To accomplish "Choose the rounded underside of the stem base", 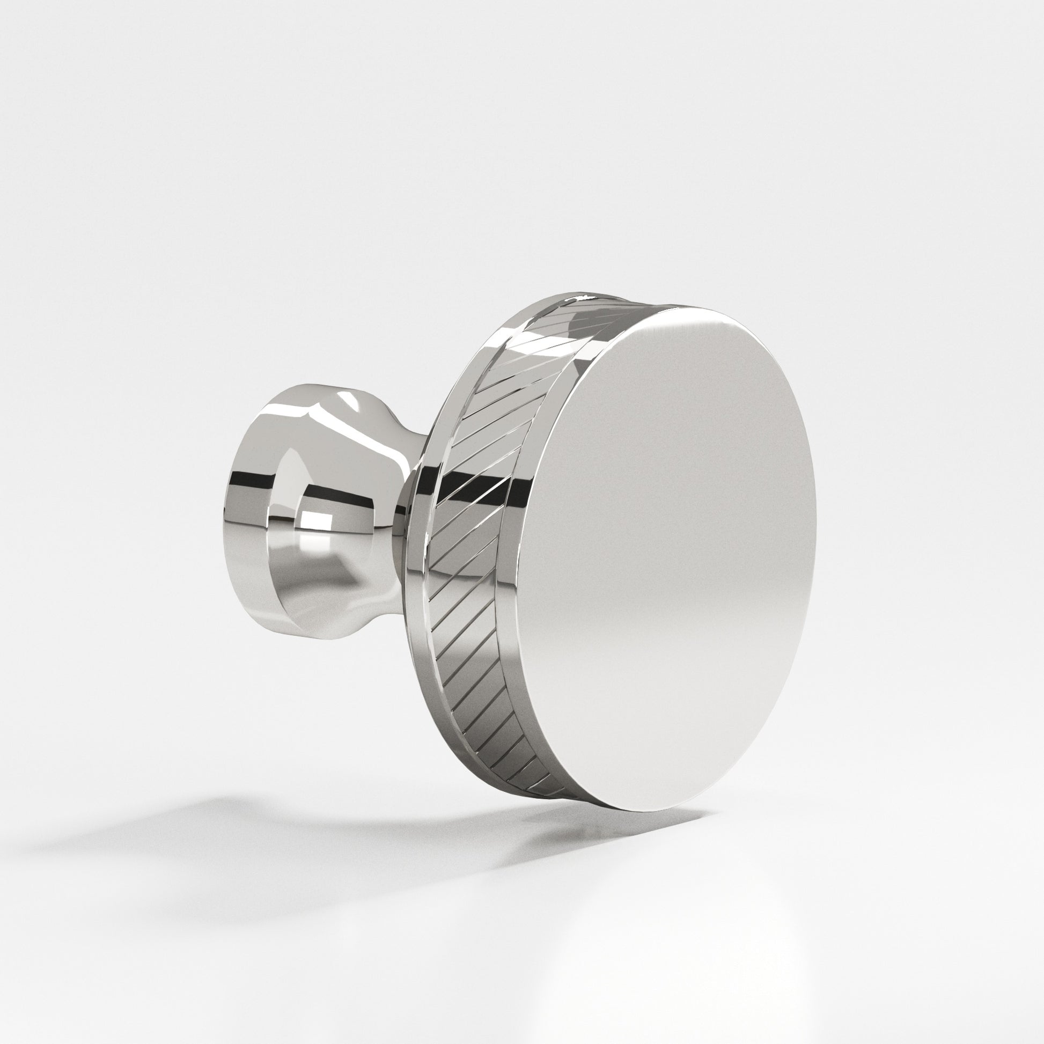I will click(303, 621).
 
